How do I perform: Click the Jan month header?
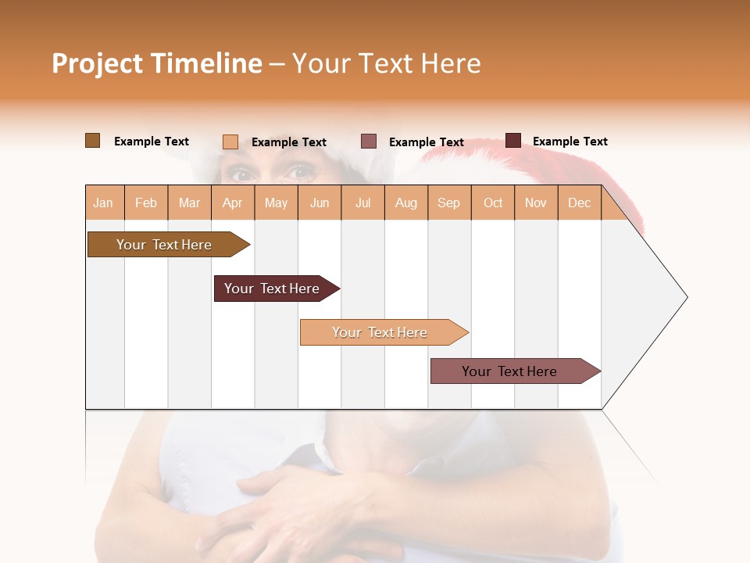coord(104,203)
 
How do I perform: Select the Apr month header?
coord(233,203)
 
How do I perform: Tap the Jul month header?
coord(362,203)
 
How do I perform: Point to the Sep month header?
coord(449,203)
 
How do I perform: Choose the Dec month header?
coord(579,203)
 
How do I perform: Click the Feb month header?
coord(146,203)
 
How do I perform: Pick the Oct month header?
coord(493,203)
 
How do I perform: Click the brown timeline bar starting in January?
coord(165,245)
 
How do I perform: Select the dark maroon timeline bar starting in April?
coord(273,289)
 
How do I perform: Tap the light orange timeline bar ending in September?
coord(380,332)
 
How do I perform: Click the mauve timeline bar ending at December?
coord(510,371)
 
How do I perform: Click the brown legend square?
coord(92,141)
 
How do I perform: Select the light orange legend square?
coord(230,142)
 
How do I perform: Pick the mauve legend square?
coord(369,142)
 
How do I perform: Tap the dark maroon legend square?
coord(513,141)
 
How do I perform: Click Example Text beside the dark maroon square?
coord(570,142)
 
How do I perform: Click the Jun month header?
coord(320,203)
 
